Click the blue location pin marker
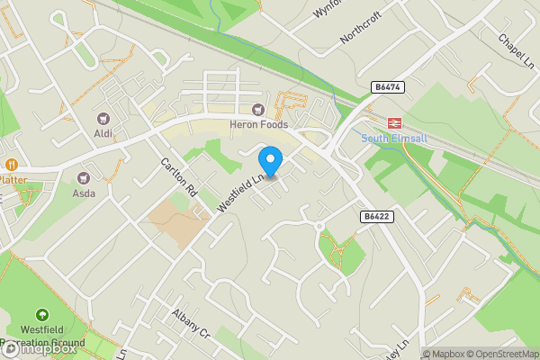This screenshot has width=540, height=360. pyautogui.click(x=270, y=161)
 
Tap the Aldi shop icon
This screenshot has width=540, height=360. pyautogui.click(x=102, y=118)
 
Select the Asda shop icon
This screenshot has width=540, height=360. pyautogui.click(x=85, y=177)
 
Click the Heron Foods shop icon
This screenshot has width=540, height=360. pyautogui.click(x=258, y=110)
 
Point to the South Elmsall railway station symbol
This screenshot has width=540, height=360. pyautogui.click(x=393, y=122)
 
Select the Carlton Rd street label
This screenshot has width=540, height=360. pyautogui.click(x=178, y=177)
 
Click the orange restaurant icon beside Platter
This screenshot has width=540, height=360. pyautogui.click(x=12, y=165)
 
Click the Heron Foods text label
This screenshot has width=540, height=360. pyautogui.click(x=258, y=124)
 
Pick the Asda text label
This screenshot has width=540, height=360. pyautogui.click(x=85, y=193)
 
